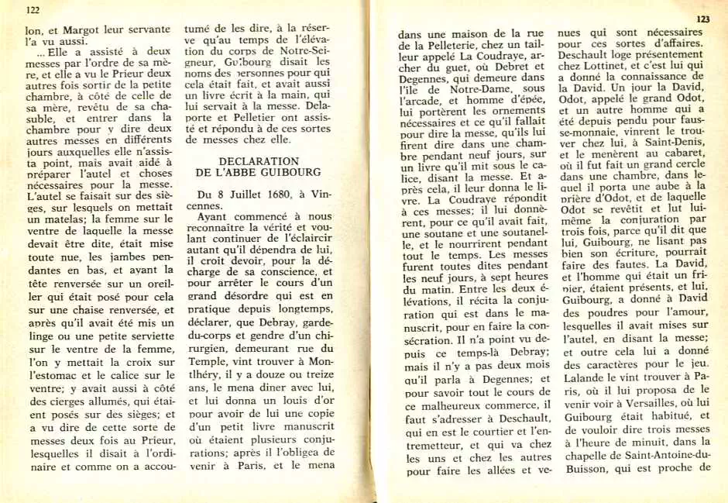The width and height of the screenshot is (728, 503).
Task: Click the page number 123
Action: tap(702, 19)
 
